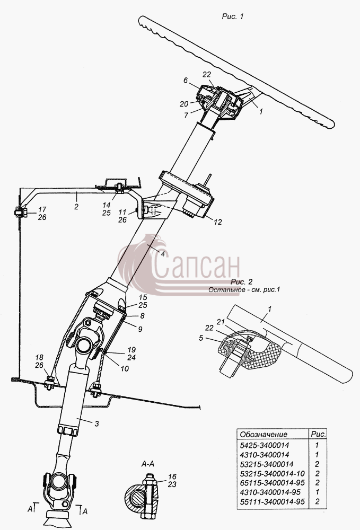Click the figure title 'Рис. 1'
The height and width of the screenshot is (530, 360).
click(x=233, y=16)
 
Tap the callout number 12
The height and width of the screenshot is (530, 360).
click(x=218, y=222)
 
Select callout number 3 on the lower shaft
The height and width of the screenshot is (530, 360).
click(x=96, y=423)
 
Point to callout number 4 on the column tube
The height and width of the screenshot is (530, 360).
click(x=163, y=253)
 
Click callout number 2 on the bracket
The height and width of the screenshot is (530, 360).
click(x=76, y=206)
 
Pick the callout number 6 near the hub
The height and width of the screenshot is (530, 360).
click(x=186, y=80)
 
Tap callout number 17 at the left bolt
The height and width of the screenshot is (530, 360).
click(x=42, y=209)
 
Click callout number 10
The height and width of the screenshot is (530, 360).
click(x=125, y=368)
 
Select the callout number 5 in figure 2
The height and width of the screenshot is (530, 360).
click(x=201, y=338)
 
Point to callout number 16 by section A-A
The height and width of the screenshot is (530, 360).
click(x=172, y=476)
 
